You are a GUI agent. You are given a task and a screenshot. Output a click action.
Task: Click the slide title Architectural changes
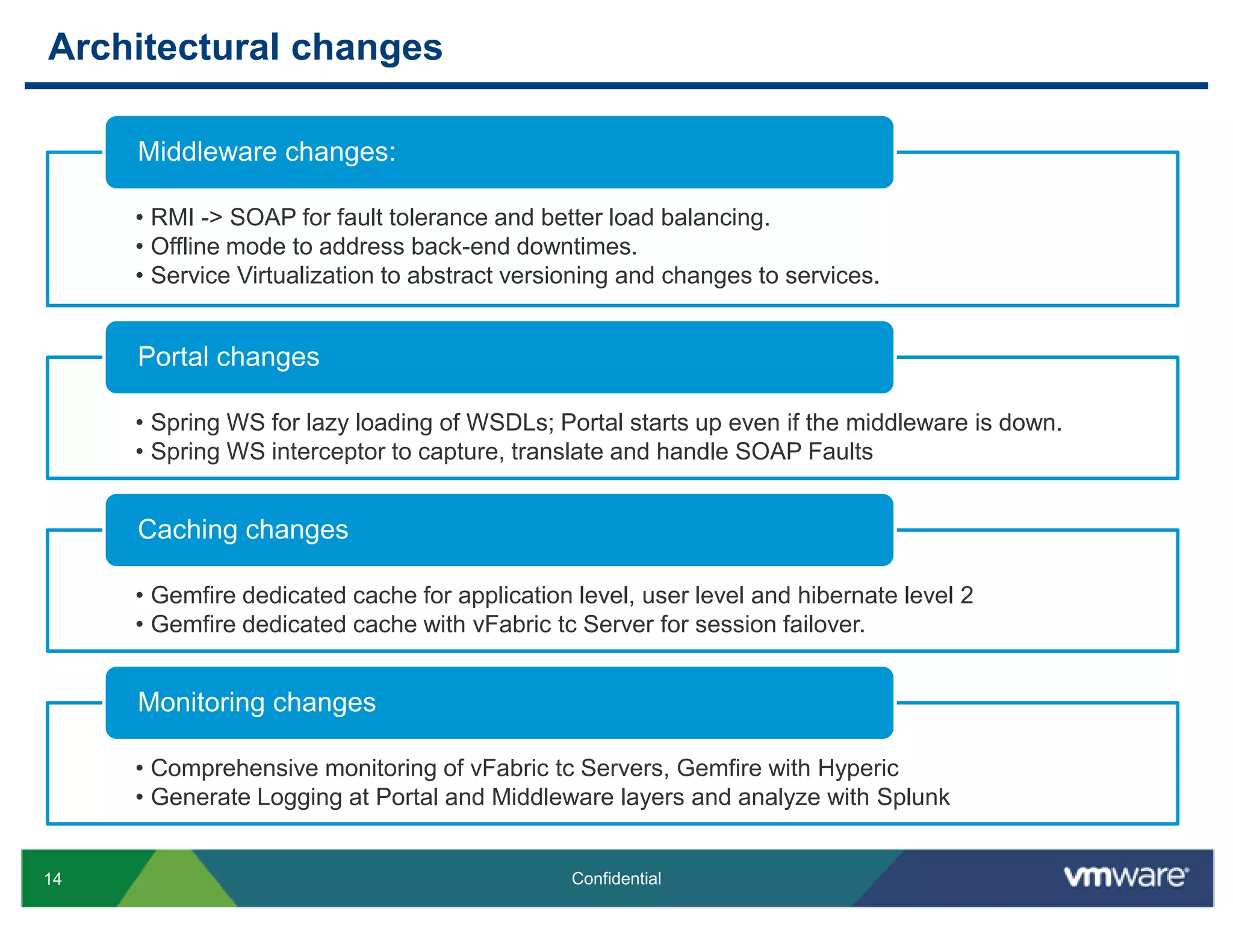pos(245,47)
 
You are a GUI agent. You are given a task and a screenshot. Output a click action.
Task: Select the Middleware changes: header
pos(267,152)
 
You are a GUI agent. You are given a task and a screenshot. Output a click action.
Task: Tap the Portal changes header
pos(228,357)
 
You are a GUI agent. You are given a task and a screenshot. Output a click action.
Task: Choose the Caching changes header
pos(243,529)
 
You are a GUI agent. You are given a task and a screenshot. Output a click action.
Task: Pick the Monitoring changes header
pos(256,702)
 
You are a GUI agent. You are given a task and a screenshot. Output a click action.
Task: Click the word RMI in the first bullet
pos(172,217)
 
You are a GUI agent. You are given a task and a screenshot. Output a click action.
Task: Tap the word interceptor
pos(330,451)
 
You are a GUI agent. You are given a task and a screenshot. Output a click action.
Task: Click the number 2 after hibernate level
pos(966,595)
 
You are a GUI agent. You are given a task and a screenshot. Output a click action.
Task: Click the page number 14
pos(53,879)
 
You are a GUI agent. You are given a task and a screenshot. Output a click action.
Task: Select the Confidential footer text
pos(616,879)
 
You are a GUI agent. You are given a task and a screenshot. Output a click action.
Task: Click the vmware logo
pos(1126,876)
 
